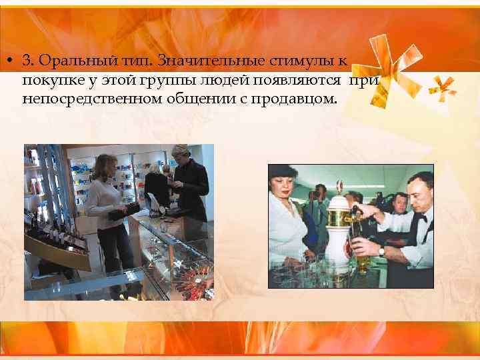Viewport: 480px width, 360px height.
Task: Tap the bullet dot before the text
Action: (12, 61)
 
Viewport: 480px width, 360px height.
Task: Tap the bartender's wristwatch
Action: (382, 251)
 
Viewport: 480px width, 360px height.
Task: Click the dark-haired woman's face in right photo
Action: (284, 189)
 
